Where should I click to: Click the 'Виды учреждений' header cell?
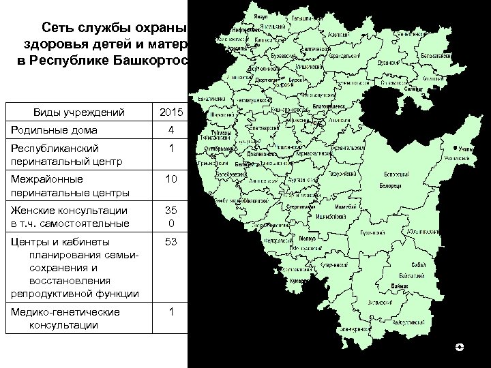click(x=72, y=112)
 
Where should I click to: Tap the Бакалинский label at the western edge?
click(x=211, y=99)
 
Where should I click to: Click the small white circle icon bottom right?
click(x=460, y=348)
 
